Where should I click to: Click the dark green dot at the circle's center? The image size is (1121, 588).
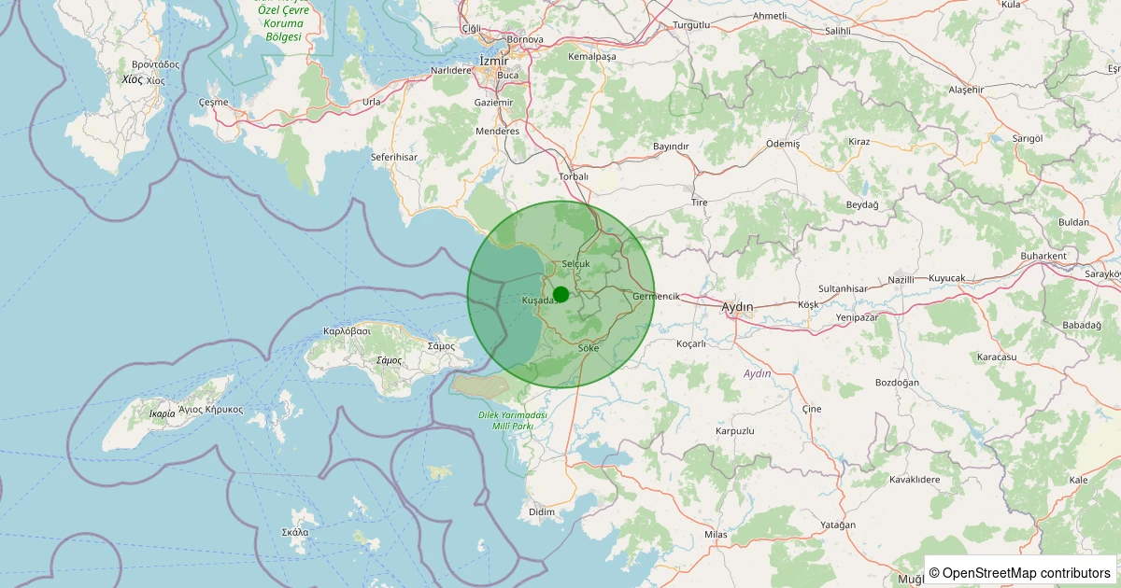(x=560, y=295)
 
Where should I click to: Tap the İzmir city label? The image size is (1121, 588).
(x=493, y=61)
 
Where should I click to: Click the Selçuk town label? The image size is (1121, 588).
(x=576, y=264)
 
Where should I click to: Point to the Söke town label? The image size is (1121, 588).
(x=589, y=348)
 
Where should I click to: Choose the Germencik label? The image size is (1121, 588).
(x=656, y=296)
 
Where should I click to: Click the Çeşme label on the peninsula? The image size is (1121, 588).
(x=213, y=101)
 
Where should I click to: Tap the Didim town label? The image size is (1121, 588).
(x=542, y=511)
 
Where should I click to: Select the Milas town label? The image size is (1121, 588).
(x=716, y=534)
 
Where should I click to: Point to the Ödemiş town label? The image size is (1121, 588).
(x=783, y=144)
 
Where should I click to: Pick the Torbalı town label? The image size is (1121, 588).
(x=574, y=175)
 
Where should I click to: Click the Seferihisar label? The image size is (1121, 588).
(x=393, y=157)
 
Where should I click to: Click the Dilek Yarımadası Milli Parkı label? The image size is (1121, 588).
(x=512, y=420)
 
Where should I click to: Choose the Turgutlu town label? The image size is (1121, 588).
(x=691, y=24)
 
